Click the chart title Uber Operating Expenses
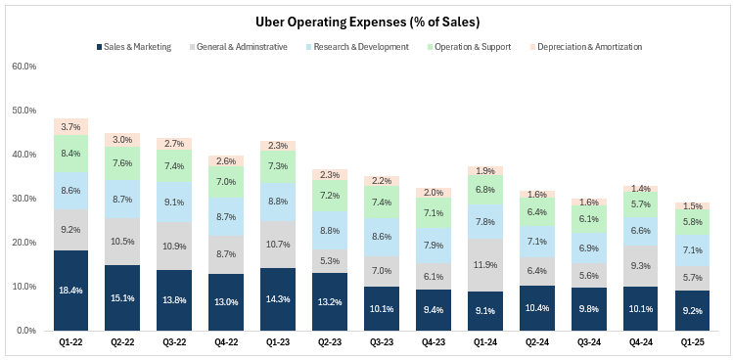click(x=366, y=21)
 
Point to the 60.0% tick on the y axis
click(x=24, y=67)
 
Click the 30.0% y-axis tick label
click(x=24, y=199)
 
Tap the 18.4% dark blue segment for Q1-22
click(x=70, y=291)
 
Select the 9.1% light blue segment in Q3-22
click(x=174, y=202)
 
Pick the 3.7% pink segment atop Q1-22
click(x=70, y=127)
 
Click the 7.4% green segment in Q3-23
click(x=382, y=202)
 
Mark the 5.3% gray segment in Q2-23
click(x=330, y=261)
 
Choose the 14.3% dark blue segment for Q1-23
click(x=278, y=299)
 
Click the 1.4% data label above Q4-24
click(x=640, y=188)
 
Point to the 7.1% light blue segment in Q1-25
click(x=692, y=249)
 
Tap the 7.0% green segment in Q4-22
click(x=226, y=182)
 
